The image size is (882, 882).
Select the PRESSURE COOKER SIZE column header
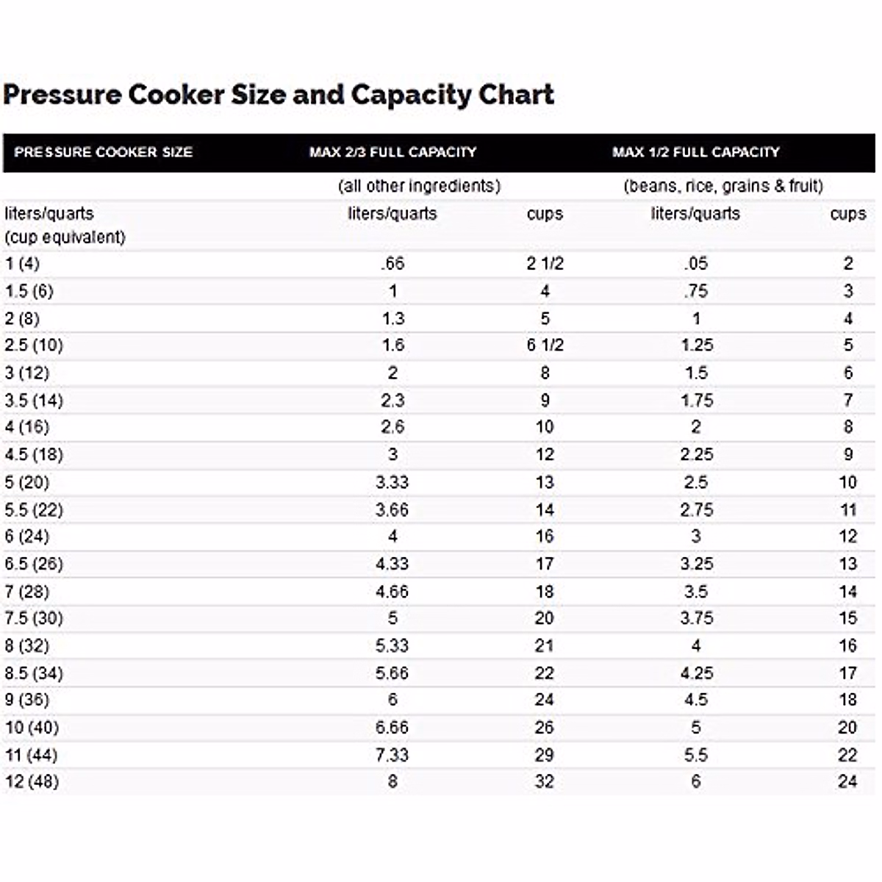tap(103, 152)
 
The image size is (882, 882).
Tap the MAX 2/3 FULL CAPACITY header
tap(392, 152)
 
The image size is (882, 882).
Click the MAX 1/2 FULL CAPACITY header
tap(695, 152)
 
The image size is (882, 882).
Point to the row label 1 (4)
tap(22, 263)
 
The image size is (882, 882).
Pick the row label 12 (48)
tap(32, 781)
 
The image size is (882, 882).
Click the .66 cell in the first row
tap(392, 263)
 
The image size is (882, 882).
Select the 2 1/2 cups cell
tap(545, 263)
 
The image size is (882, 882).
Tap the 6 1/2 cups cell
tap(545, 345)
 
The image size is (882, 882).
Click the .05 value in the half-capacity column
tap(695, 263)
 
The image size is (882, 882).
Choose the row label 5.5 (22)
tap(34, 509)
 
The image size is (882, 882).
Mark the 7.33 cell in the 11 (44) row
tap(392, 755)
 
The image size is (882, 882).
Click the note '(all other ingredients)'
tap(419, 186)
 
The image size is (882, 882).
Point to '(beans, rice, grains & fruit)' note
tap(723, 186)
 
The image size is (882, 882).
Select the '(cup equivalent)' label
tap(65, 237)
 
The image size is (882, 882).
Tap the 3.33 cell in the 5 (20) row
tap(392, 482)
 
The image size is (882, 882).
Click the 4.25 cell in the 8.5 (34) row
tap(696, 673)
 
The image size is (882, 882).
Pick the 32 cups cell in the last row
tap(544, 781)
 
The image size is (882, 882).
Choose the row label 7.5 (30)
tap(34, 618)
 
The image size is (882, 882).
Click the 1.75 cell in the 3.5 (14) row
tap(696, 401)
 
